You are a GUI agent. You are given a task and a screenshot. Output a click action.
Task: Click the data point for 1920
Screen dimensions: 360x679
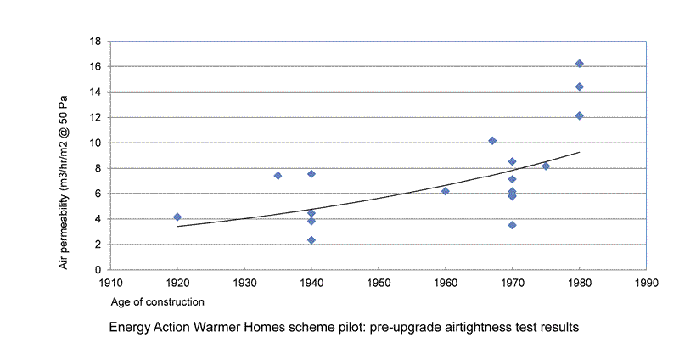tap(177, 217)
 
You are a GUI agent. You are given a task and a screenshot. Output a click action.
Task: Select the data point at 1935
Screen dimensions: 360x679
tap(278, 176)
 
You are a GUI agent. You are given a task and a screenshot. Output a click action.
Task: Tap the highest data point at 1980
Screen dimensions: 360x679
tap(580, 64)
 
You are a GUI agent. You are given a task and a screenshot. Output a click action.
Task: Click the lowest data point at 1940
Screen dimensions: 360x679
tap(311, 240)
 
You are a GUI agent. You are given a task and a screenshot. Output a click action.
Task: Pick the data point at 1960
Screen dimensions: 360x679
tap(446, 191)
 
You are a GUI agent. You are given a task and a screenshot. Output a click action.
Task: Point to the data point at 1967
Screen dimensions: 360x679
tap(492, 140)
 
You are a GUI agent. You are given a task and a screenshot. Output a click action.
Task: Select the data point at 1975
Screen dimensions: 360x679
tap(546, 166)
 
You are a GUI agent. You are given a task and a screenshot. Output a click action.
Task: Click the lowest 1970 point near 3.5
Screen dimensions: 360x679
tap(513, 225)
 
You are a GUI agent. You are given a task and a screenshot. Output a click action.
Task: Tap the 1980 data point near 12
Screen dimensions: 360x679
tap(580, 115)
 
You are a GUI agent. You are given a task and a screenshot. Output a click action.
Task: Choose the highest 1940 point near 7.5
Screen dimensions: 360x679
tap(311, 174)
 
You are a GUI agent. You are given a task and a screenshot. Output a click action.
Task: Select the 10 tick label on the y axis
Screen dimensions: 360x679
tap(96, 143)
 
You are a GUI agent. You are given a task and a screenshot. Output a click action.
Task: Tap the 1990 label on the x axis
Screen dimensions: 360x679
tap(646, 283)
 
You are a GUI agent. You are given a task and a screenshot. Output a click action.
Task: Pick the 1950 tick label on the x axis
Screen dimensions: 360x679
tap(379, 283)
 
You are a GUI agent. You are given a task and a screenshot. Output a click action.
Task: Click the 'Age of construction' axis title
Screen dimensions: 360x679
tap(156, 301)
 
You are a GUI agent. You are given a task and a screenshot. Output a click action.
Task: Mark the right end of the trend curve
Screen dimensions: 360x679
tap(580, 152)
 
